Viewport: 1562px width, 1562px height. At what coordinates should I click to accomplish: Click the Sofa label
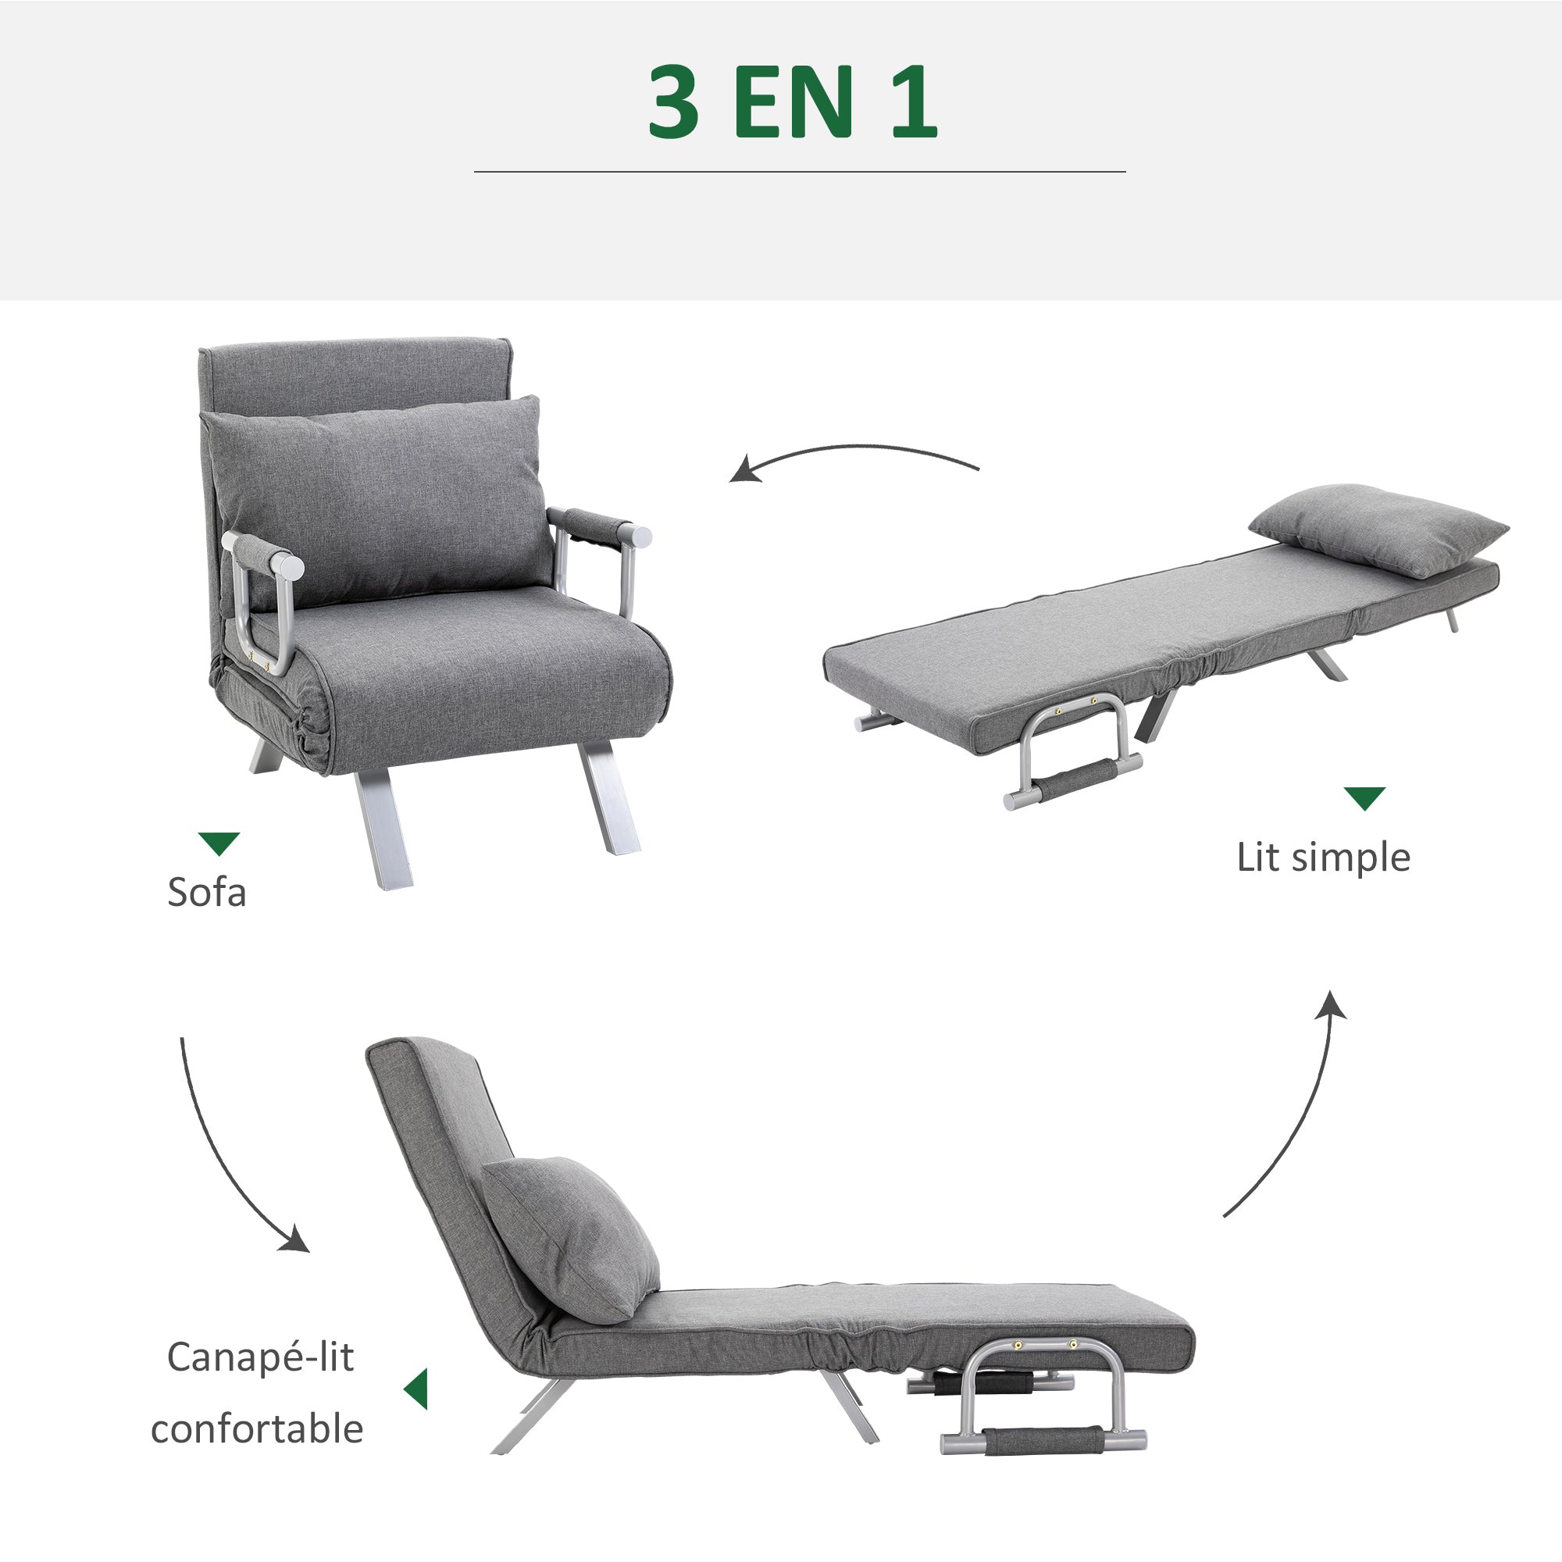click(x=206, y=893)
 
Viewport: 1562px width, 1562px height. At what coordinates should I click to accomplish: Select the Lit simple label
click(x=1323, y=857)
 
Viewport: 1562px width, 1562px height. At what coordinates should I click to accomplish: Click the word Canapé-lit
click(x=259, y=1357)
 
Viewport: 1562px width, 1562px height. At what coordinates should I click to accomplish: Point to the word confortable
click(x=256, y=1428)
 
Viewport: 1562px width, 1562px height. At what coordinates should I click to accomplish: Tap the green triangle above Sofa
click(x=219, y=842)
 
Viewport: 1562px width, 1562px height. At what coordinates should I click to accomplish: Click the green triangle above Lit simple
click(x=1364, y=797)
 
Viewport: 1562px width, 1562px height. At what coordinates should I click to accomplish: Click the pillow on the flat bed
click(x=1378, y=530)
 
